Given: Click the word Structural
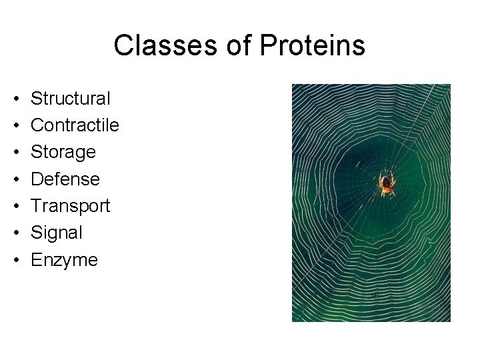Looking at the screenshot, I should pyautogui.click(x=71, y=99).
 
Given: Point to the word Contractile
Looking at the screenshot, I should pyautogui.click(x=75, y=125).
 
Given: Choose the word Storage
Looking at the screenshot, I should pyautogui.click(x=63, y=153).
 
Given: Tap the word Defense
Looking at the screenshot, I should pyautogui.click(x=65, y=179).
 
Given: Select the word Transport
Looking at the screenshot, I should pyautogui.click(x=71, y=206).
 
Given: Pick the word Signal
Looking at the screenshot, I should pyautogui.click(x=57, y=233).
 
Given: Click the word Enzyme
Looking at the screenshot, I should pyautogui.click(x=64, y=259).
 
